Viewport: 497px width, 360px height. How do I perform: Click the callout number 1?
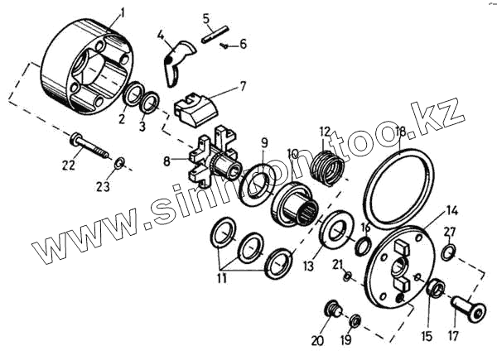pos(122,13)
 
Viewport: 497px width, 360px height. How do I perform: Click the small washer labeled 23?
pos(119,161)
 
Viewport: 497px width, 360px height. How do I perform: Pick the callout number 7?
pos(243,85)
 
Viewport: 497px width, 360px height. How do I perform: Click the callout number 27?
pos(449,232)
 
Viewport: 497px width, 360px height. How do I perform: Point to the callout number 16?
pos(364,228)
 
